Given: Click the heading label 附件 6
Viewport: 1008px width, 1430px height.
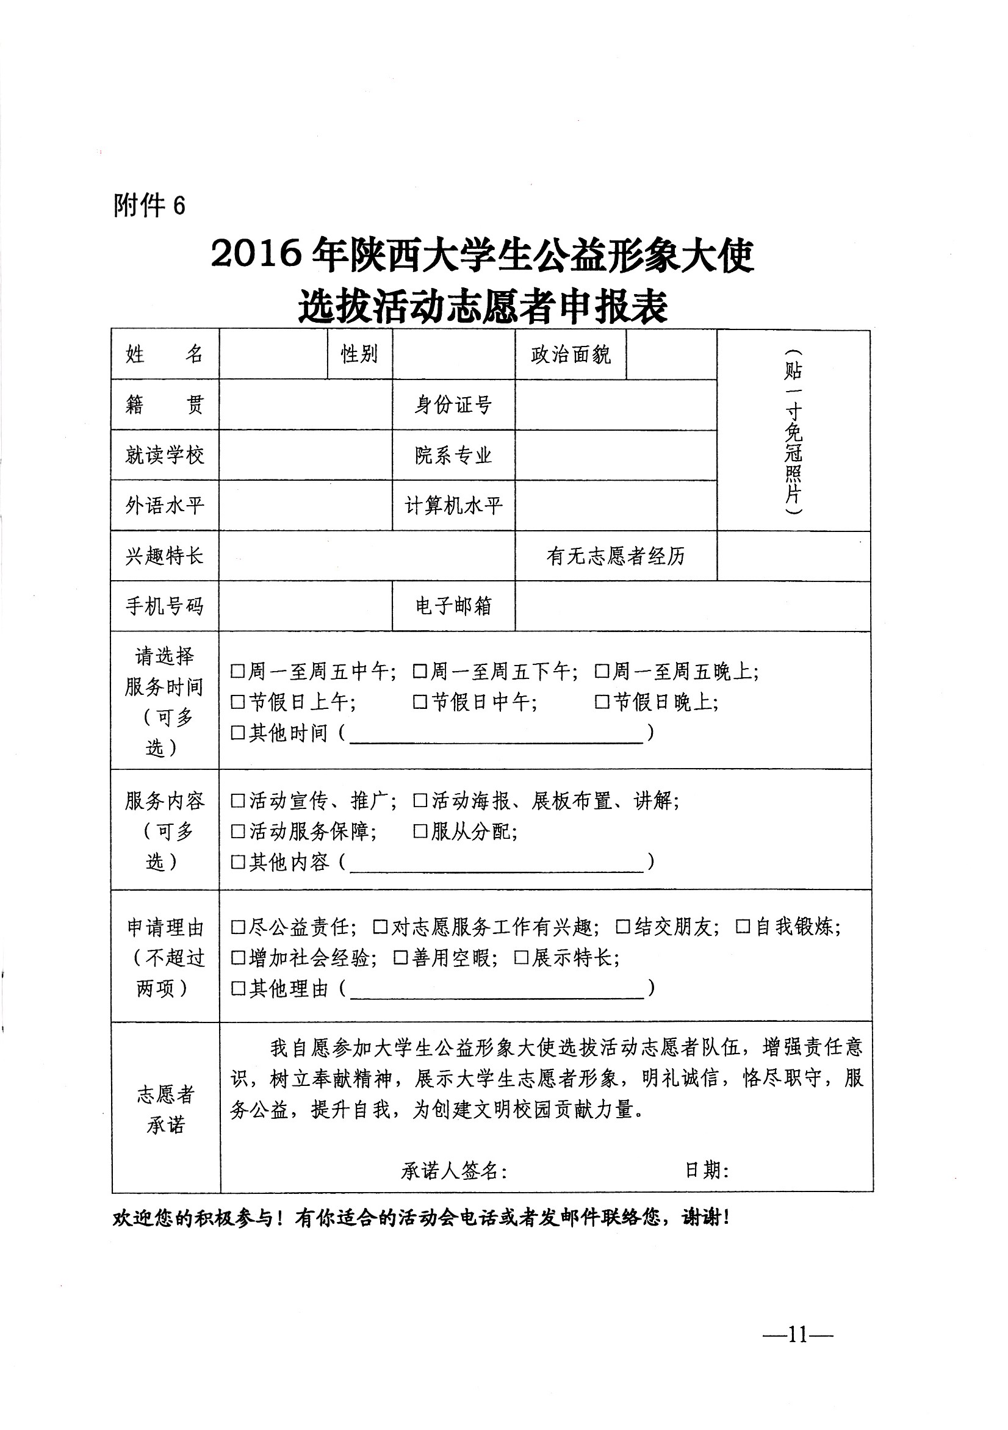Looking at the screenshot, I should [x=149, y=205].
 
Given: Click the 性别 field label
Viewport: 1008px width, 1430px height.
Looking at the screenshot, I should [x=359, y=354].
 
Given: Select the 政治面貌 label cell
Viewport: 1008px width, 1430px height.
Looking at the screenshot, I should [x=570, y=355].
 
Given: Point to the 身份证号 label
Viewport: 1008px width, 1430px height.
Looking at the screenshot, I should [x=453, y=405].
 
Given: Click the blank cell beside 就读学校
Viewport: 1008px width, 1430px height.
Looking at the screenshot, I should [x=305, y=455].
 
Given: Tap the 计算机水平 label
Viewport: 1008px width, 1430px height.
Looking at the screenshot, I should [x=453, y=505].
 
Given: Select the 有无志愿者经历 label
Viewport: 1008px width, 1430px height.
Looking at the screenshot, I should [x=615, y=556].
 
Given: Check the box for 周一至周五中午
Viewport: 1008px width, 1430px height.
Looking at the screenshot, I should [x=237, y=672].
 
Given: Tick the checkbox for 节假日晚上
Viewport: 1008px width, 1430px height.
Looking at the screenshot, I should [x=602, y=703].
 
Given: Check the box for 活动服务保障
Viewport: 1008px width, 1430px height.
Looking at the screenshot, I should [x=237, y=832].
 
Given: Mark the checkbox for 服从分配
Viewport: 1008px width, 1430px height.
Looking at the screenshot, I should [x=420, y=832].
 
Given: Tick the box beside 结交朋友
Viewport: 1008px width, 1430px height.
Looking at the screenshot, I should [x=622, y=927].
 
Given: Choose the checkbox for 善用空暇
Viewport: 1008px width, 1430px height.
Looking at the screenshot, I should [x=401, y=958].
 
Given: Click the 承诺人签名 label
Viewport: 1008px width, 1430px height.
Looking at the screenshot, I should [x=453, y=1171].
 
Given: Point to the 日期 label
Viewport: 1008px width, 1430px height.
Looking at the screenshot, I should [x=707, y=1170].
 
